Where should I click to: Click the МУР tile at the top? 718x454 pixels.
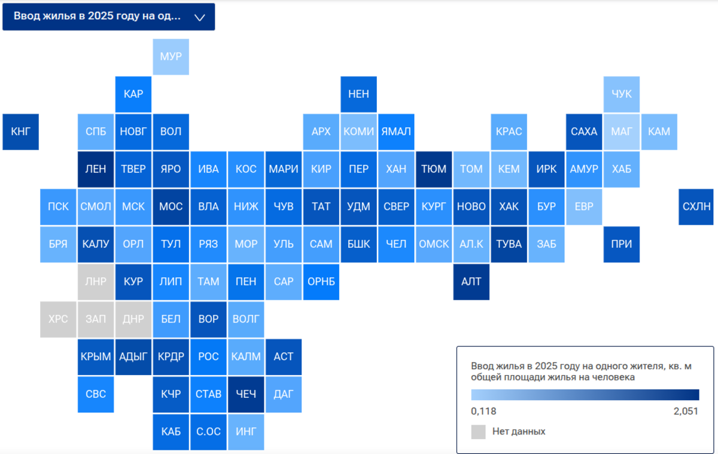point(171,57)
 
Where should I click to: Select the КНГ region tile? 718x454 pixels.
point(21,132)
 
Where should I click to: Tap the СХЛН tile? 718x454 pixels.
point(696,207)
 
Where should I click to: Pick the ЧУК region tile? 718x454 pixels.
point(622,94)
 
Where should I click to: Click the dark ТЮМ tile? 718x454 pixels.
point(434,169)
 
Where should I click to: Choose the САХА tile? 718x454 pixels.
point(584,132)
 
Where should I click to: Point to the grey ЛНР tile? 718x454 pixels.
point(96,282)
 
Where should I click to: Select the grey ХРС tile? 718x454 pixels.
point(59,320)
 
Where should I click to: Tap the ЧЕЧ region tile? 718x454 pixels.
point(246,394)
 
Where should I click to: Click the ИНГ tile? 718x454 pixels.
point(246,432)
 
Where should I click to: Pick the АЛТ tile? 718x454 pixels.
point(471,282)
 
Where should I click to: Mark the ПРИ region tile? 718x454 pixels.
point(622,244)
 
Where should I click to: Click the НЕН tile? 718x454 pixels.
point(358,94)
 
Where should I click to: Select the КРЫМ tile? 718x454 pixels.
point(96,357)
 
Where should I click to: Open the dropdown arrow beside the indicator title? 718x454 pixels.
point(200,17)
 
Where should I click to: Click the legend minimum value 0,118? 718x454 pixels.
point(483,411)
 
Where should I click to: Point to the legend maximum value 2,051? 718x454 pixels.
point(686,411)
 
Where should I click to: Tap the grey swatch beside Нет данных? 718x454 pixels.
point(478,432)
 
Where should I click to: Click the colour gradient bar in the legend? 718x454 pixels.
point(585,395)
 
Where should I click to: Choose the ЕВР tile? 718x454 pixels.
point(584,207)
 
